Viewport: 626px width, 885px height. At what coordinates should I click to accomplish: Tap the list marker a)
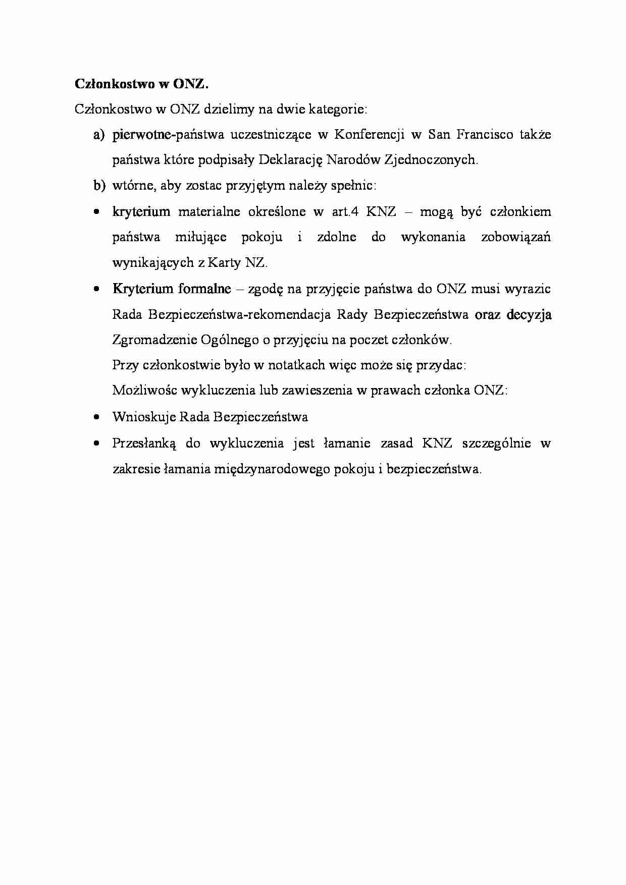98,135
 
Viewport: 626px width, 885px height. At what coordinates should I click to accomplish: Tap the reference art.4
345,211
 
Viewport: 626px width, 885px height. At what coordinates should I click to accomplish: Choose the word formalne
204,289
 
